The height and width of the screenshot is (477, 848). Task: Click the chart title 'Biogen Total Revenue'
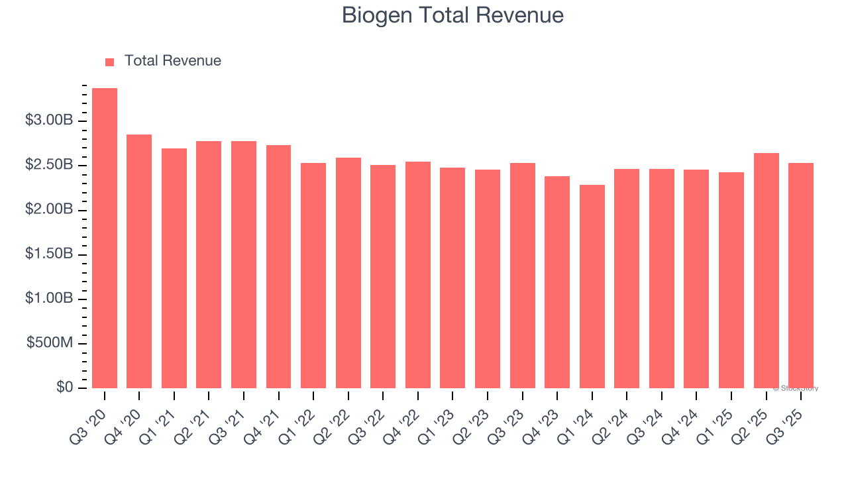(452, 15)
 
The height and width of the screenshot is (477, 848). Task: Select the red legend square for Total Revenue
(110, 62)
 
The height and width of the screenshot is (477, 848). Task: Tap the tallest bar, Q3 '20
(105, 238)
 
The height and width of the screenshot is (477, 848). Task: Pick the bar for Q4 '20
(139, 261)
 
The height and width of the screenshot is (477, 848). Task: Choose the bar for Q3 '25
(801, 275)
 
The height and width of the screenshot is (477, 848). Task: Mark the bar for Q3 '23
(522, 275)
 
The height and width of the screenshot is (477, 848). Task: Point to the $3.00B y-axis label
(49, 121)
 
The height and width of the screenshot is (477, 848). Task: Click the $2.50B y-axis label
(49, 165)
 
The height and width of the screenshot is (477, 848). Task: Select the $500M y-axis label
(50, 343)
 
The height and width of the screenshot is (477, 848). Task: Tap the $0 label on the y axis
(64, 388)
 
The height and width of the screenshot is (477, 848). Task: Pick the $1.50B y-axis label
(49, 254)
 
